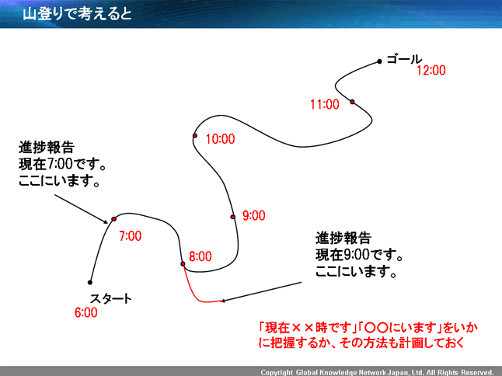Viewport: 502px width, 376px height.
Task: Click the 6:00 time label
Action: [x=85, y=313]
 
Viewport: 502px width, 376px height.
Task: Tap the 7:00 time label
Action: [x=130, y=235]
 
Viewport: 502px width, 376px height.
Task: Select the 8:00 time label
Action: [x=200, y=256]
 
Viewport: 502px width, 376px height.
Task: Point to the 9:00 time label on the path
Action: [x=253, y=215]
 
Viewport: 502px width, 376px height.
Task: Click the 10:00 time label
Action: [x=220, y=139]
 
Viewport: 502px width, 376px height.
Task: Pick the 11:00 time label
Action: [x=324, y=103]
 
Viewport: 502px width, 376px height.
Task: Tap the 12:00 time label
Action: [x=431, y=71]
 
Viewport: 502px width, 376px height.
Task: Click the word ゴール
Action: [x=403, y=59]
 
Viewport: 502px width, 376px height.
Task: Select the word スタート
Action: [x=110, y=298]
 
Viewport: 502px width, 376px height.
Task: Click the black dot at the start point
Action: [x=90, y=282]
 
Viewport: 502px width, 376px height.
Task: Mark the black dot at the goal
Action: [x=379, y=61]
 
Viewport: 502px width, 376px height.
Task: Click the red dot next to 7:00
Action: [x=113, y=218]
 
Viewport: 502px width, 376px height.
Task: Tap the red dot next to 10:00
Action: [x=196, y=136]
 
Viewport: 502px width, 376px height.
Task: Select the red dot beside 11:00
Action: [x=352, y=102]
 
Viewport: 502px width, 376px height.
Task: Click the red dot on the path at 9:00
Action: [x=232, y=217]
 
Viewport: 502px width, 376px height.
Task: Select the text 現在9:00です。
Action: [x=358, y=255]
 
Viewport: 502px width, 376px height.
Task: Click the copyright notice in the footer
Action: [x=377, y=371]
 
